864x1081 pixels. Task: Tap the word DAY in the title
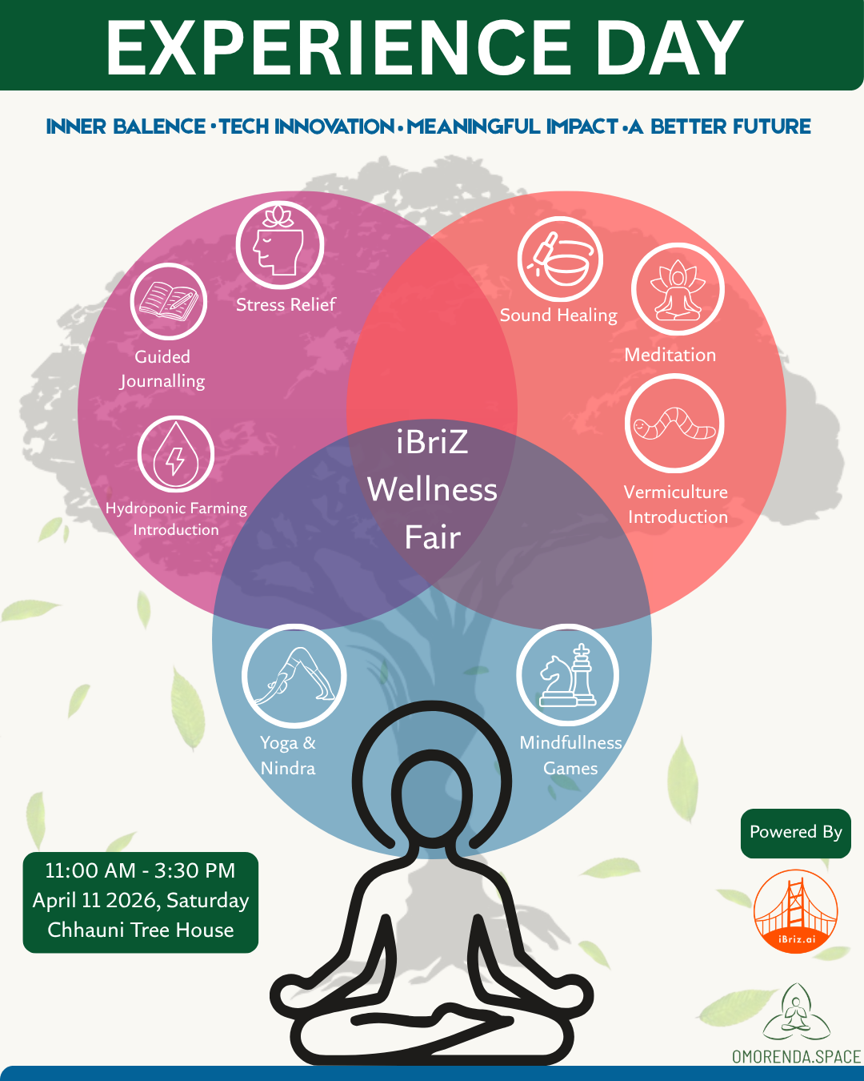[669, 48]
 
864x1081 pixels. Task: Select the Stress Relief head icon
[280, 245]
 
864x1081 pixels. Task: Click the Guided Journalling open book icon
[168, 301]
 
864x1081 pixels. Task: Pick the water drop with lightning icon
[176, 454]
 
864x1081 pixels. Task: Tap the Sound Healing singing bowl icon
[560, 259]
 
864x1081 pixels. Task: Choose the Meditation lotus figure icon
[678, 289]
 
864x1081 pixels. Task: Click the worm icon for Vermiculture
[674, 424]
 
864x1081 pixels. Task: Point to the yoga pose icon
[294, 676]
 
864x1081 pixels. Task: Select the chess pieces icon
[567, 674]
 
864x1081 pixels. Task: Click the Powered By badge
[796, 834]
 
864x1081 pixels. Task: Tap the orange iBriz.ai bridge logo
[796, 911]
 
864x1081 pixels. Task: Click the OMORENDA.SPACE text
[796, 1056]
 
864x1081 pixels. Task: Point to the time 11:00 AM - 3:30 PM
[140, 870]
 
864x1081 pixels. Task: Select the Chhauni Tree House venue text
[141, 930]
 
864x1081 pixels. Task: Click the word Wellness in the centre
[432, 489]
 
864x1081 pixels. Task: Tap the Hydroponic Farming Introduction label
[176, 519]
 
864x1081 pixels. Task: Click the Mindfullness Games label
[571, 755]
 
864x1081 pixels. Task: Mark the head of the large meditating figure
[432, 798]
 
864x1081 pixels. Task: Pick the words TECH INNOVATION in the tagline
[308, 127]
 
